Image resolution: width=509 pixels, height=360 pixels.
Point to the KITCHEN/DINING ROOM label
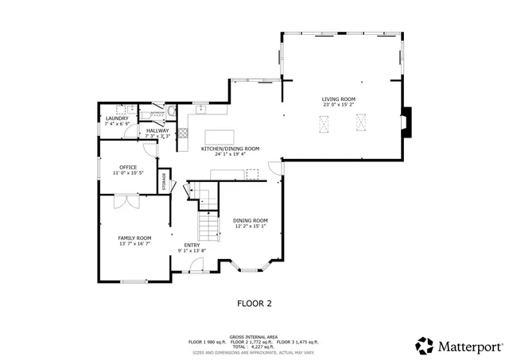click(231, 149)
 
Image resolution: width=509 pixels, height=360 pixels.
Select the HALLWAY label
click(157, 130)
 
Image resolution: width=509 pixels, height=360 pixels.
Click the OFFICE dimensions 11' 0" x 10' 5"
click(128, 172)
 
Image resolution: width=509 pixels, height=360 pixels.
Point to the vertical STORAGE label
click(165, 181)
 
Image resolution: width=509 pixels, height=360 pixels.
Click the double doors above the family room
click(126, 202)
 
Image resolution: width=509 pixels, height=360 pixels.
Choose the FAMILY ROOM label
click(134, 238)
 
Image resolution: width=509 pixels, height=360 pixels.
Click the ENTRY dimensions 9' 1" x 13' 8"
click(192, 250)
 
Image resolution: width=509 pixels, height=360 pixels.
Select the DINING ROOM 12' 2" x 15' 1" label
click(250, 226)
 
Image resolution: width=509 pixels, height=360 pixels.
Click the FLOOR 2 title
click(254, 303)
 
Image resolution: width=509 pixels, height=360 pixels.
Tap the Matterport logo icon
click(425, 346)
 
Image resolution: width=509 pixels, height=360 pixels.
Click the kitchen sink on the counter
click(202, 109)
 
